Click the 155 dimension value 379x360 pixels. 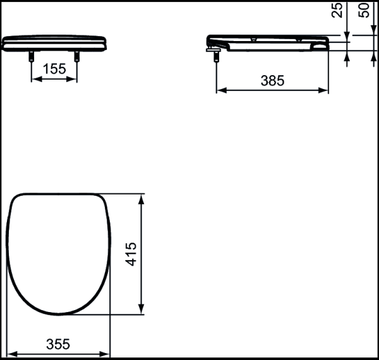(55, 69)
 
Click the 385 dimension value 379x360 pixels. (272, 80)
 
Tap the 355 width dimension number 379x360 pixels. (59, 344)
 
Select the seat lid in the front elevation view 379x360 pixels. (55, 43)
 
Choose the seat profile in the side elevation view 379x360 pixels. (268, 44)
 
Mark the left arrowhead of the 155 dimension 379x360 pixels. (35, 80)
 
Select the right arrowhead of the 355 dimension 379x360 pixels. (107, 354)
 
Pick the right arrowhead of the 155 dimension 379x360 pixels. (75, 80)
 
